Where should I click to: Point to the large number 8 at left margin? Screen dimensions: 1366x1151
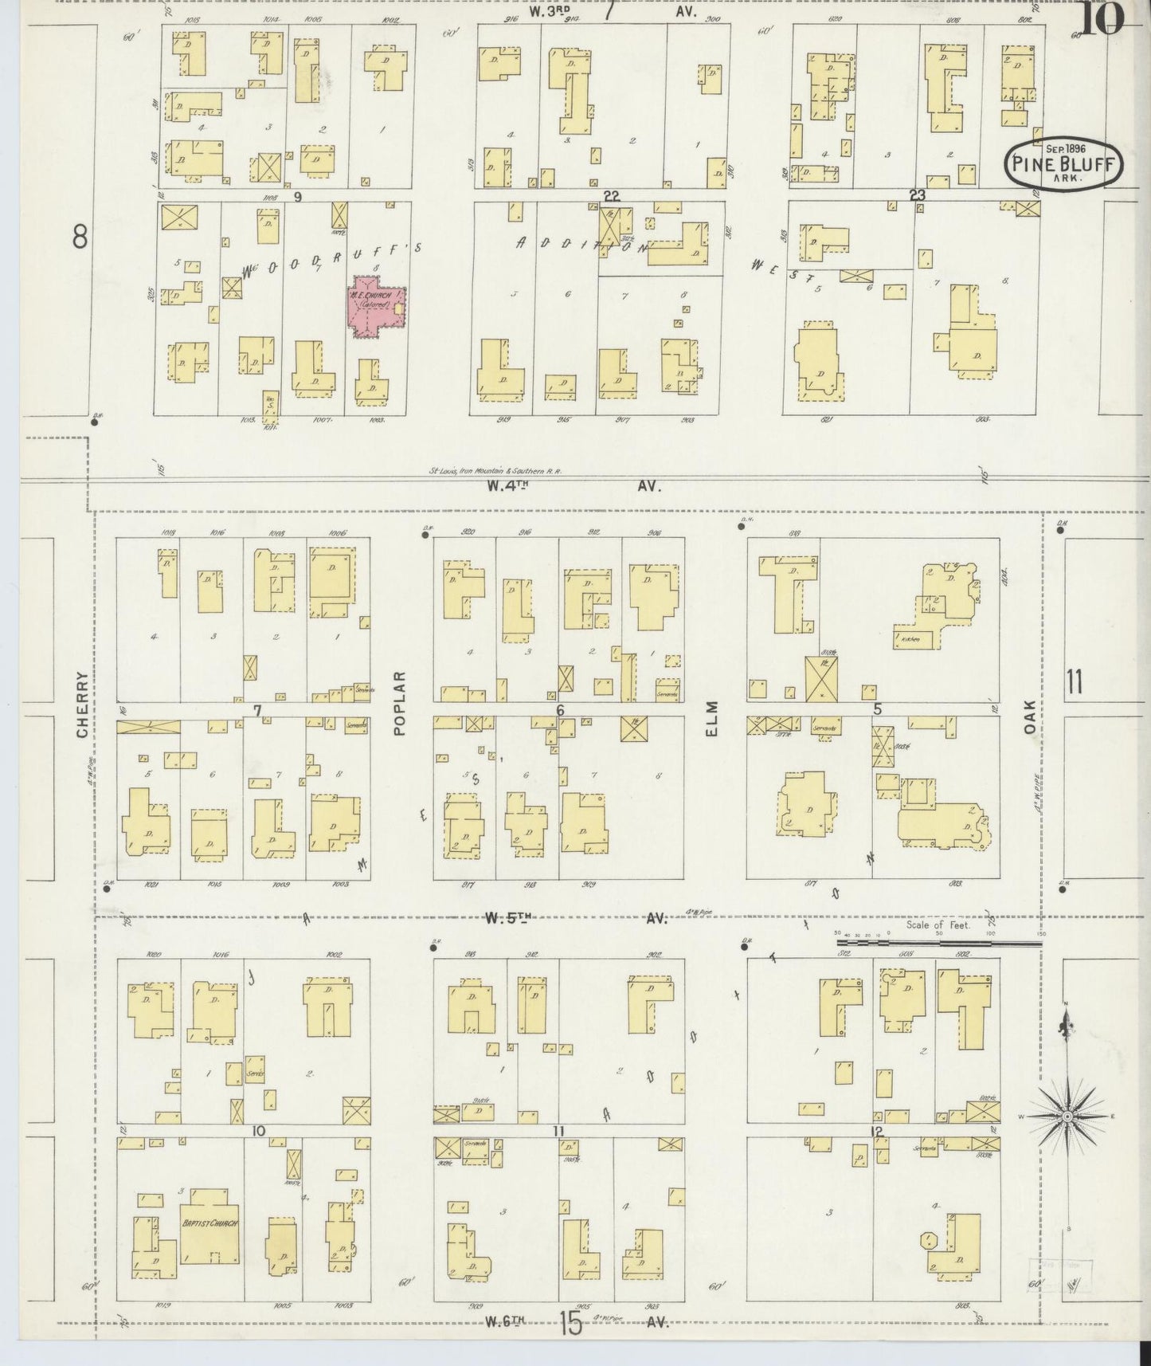click(80, 237)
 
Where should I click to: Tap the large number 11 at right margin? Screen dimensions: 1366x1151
click(1074, 682)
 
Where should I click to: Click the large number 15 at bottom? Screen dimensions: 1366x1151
click(570, 1325)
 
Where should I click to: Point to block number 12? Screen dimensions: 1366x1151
click(877, 1131)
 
